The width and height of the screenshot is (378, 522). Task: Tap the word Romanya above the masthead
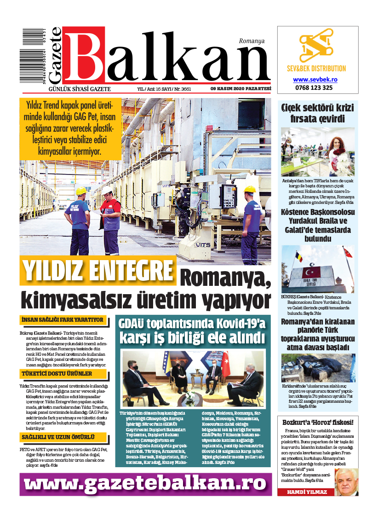252,41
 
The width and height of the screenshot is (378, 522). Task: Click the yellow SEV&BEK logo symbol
318,48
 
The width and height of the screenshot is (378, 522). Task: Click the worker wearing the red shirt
110,221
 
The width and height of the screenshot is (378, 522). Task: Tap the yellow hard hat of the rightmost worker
250,189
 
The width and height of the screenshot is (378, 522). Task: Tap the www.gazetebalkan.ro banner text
145,483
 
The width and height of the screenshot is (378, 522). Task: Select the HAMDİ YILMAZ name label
305,492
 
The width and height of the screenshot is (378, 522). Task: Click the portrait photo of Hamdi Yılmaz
346,482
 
